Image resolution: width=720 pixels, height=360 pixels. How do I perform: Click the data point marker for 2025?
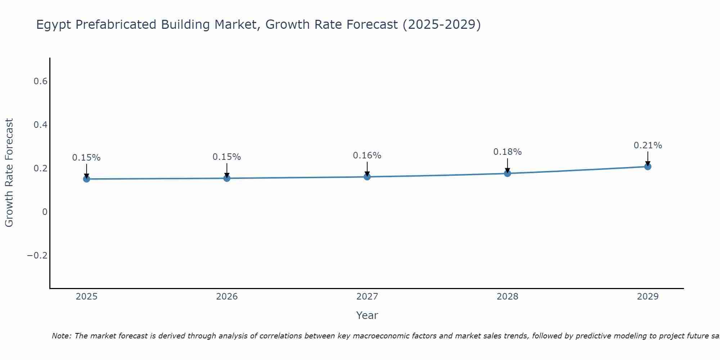coord(86,179)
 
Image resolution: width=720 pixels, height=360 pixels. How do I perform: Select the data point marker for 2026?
coord(227,178)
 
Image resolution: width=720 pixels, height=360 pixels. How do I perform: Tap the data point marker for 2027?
coord(367,177)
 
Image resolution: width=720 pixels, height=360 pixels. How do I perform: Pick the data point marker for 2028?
coord(508,174)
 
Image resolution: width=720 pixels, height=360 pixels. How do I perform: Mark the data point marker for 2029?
coord(648,167)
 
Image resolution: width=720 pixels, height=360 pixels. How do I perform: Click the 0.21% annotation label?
coord(648,145)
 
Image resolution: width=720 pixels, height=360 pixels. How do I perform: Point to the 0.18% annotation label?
coord(507,152)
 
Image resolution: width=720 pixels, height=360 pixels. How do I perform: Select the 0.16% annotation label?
coord(367,156)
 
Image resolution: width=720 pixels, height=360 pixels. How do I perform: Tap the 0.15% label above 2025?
coord(86,158)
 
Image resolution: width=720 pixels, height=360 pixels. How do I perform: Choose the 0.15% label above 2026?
coord(227,157)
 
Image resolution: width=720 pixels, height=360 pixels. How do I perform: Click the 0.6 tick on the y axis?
coord(40,81)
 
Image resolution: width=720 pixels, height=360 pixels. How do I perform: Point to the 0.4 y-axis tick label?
coord(40,125)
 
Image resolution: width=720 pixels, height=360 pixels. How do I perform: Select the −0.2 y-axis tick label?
coord(37,256)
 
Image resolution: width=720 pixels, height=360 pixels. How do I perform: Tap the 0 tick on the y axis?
coord(45,212)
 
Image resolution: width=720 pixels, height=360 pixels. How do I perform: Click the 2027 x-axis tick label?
coord(367,297)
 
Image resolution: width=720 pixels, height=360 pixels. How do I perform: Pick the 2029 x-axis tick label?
coord(648,297)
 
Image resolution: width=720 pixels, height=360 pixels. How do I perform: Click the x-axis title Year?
coord(367,315)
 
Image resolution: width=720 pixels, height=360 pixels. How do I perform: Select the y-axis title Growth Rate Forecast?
coord(9,173)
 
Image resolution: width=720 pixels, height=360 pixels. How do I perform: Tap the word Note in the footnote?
coord(61,336)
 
